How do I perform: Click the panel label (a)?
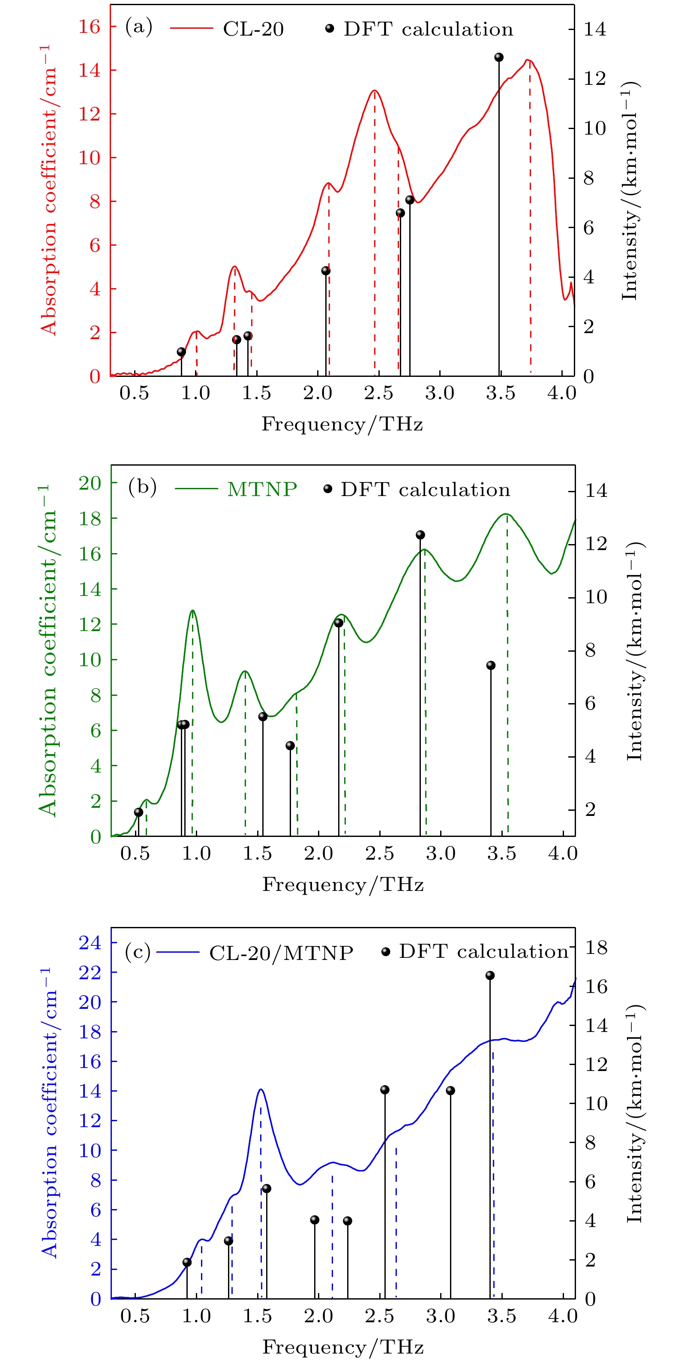tap(138, 27)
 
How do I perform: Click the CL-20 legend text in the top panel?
tap(253, 29)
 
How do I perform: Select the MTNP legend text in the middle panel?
tap(262, 490)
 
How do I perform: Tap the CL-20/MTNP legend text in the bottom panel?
tap(281, 954)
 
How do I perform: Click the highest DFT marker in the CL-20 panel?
tap(499, 57)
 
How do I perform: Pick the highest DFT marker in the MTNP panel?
tap(420, 535)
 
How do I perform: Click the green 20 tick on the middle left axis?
tap(90, 483)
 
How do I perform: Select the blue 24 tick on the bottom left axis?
tap(90, 943)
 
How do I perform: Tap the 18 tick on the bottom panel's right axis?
tap(596, 948)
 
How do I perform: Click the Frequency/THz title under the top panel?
tap(342, 424)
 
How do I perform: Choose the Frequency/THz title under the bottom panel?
tap(343, 1347)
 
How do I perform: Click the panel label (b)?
tap(142, 487)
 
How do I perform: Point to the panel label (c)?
tap(138, 952)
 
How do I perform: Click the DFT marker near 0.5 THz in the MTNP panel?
tap(138, 812)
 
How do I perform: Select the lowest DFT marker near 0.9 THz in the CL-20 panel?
tap(181, 352)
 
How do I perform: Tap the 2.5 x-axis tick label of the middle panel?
tap(380, 854)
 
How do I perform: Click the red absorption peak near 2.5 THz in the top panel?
tap(375, 90)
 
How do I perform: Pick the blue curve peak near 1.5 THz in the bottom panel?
tap(260, 1089)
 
